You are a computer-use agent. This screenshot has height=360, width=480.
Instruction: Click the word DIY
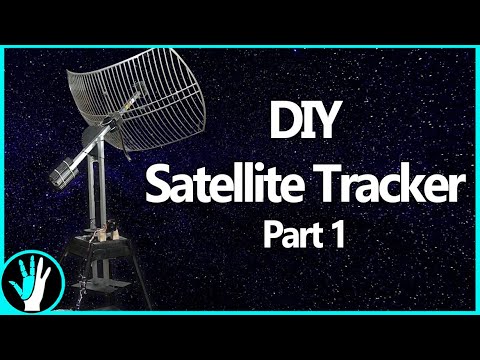point(303,119)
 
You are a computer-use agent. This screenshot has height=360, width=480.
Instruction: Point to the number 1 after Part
point(338,235)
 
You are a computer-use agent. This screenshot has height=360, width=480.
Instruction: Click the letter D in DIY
point(283,119)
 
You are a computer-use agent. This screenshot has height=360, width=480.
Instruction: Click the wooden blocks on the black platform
point(107,234)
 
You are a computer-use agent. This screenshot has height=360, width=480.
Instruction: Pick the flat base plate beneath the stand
point(100,285)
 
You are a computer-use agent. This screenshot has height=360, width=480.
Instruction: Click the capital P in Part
point(271,235)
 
